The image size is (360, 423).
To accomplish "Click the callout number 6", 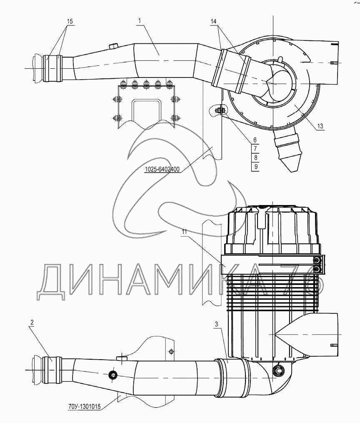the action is point(255,140).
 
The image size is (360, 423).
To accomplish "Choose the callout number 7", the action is point(255,149).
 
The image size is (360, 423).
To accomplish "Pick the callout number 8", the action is point(255,158).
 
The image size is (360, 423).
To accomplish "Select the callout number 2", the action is point(32,322).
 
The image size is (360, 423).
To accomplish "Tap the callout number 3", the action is point(215,324).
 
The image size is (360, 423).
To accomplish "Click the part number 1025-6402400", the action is point(162,170).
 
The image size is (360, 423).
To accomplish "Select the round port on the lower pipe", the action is point(112,375).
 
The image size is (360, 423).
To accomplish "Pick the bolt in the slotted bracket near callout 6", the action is point(220,110).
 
